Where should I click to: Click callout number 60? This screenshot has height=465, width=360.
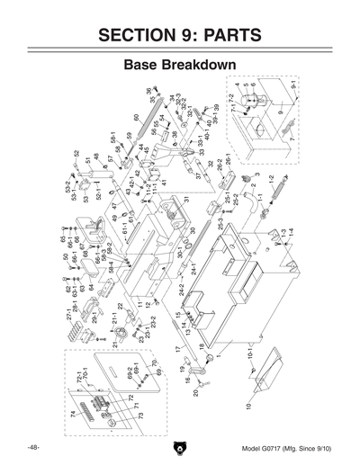click(x=137, y=118)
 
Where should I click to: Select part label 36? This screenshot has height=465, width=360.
click(x=148, y=92)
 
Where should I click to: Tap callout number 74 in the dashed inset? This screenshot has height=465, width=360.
click(x=73, y=414)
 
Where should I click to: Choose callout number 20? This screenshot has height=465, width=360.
click(x=195, y=393)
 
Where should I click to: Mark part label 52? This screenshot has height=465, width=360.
click(x=76, y=154)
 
